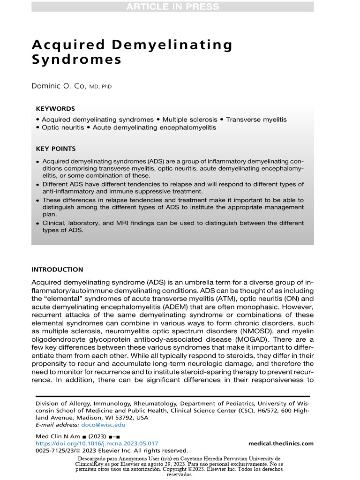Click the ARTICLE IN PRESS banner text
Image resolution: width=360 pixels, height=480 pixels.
coord(172,7)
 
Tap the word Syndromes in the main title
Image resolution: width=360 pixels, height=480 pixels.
coord(76,60)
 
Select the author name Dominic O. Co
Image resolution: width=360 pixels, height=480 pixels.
coord(60,87)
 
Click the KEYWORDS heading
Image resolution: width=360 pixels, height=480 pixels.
coord(55,109)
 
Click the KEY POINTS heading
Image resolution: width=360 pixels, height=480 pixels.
coord(56,149)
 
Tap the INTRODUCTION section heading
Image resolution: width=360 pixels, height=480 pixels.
coord(57,270)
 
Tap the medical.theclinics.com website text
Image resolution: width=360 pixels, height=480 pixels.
coord(281,443)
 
